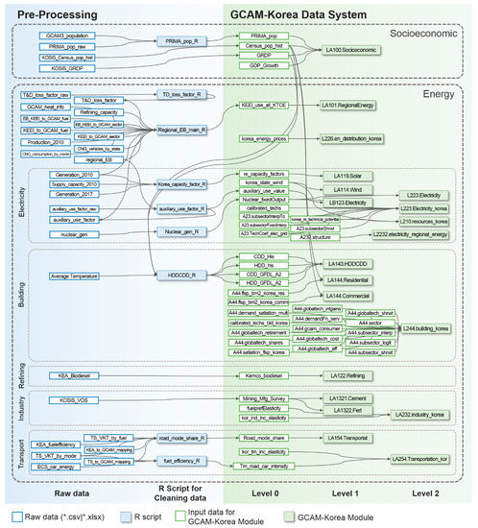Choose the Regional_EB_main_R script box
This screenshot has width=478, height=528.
(x=185, y=129)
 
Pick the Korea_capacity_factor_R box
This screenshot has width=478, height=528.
(x=186, y=182)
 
